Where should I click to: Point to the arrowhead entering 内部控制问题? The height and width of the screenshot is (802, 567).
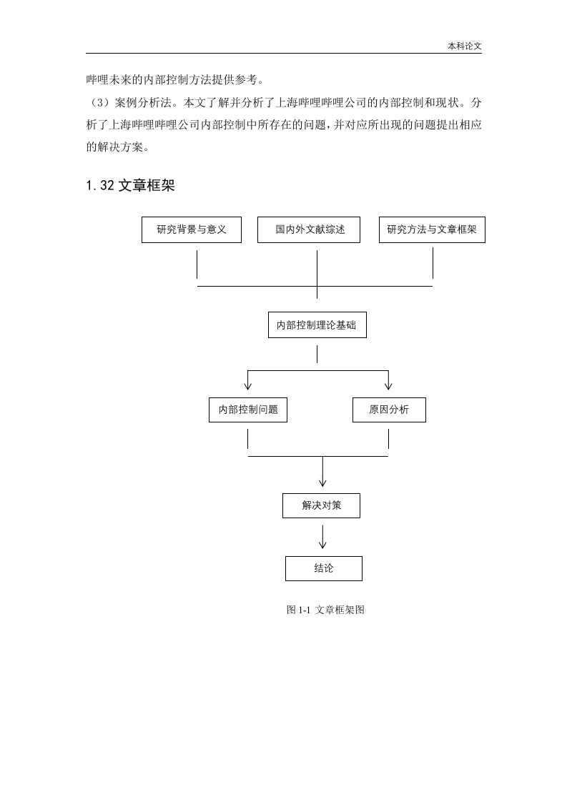coord(247,387)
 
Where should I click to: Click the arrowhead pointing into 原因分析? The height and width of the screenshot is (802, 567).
coord(388,387)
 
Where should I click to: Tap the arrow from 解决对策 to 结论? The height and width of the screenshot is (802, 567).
coord(322,537)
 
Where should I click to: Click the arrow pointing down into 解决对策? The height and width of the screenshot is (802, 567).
coord(322,472)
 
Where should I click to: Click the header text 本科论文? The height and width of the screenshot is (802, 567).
coord(465,46)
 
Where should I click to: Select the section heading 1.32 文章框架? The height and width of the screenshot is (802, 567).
coord(131,185)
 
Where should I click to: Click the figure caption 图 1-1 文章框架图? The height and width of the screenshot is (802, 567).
coord(325,610)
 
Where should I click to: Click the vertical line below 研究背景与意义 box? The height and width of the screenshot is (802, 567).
coord(197,264)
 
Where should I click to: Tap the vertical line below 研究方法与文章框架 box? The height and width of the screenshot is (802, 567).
coord(433,264)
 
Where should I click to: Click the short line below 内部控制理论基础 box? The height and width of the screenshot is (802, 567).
coord(317,355)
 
